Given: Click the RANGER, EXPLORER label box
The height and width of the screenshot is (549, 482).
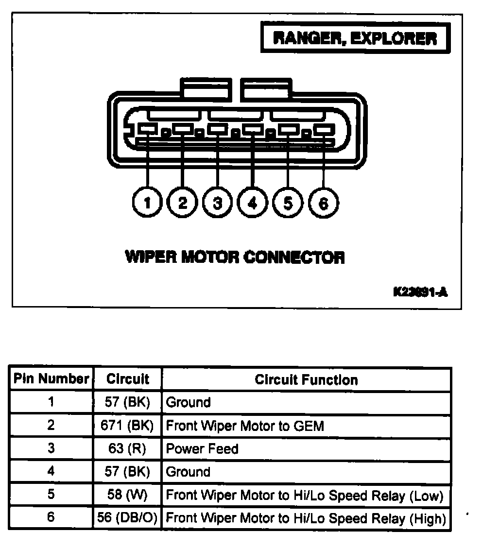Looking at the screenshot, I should (355, 38).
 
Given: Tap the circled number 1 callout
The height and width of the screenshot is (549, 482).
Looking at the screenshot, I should (147, 202).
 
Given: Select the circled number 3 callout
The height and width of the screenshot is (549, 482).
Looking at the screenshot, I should (217, 202).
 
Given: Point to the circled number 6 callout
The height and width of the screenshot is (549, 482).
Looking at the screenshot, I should (323, 202).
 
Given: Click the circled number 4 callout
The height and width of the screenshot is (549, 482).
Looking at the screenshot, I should (253, 202).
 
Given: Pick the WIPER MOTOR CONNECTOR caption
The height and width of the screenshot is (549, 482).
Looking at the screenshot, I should (235, 257).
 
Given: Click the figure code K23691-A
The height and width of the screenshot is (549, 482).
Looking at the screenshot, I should (420, 292).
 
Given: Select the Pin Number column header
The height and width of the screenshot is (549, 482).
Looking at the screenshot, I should (51, 379).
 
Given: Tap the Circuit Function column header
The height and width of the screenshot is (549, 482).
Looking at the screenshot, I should (306, 379).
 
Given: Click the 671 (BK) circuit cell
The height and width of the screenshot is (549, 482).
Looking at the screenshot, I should (127, 426).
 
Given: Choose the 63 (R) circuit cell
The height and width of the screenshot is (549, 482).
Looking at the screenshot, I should (127, 448).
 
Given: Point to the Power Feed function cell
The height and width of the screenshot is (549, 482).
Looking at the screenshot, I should (202, 448).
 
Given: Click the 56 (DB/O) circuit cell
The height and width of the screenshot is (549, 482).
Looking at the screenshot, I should (127, 518).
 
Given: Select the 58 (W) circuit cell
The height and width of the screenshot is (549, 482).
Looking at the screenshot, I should (127, 495).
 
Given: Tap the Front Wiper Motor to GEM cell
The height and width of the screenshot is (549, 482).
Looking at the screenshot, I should (245, 426).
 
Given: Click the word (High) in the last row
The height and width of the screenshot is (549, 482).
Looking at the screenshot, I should (427, 518).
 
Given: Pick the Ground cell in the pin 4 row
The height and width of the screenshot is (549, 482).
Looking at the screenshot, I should (188, 472).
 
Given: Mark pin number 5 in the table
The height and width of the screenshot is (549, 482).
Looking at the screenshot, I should (51, 495).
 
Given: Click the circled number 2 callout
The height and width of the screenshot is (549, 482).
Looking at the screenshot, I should (182, 202).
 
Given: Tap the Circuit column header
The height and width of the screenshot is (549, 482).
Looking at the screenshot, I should (127, 379).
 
